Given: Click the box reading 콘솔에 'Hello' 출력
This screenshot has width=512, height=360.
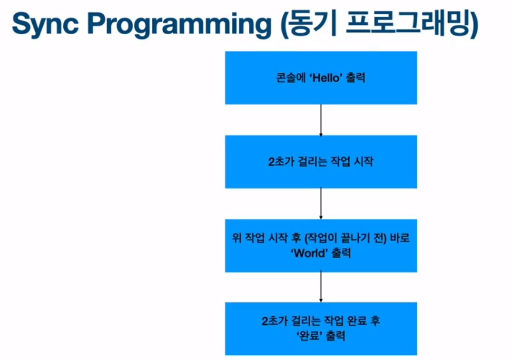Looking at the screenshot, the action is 321,78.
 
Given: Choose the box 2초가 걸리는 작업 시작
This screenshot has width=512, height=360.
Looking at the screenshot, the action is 321,162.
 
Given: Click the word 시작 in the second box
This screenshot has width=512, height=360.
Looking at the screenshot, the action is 363,162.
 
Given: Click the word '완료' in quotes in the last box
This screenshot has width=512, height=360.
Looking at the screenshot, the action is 311,336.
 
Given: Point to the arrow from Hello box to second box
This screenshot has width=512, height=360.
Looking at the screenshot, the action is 321,120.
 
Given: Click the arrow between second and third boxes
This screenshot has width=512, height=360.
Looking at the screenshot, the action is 321,204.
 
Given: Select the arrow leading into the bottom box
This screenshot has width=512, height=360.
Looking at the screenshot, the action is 321,287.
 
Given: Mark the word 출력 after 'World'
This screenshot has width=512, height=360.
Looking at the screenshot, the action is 339,253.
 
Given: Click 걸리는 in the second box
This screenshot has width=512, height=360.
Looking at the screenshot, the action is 309,162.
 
